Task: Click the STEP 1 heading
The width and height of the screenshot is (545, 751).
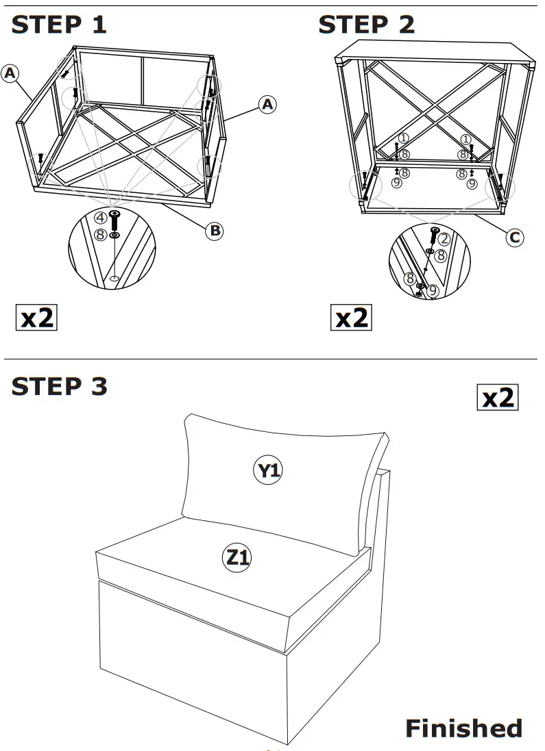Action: click(59, 25)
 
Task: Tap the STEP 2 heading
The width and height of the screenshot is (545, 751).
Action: click(366, 25)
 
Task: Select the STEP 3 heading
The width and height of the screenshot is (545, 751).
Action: click(60, 386)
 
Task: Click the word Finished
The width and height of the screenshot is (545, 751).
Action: click(463, 728)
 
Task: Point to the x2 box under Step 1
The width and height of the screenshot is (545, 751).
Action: click(36, 318)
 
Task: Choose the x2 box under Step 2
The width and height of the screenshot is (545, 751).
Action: click(352, 318)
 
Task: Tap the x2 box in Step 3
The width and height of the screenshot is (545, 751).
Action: click(497, 398)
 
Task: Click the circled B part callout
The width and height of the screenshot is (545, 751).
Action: click(215, 231)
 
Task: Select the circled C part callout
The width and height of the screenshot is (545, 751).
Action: click(514, 238)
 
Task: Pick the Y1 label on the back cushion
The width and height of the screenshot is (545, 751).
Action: click(269, 470)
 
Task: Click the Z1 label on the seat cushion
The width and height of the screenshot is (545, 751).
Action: click(237, 558)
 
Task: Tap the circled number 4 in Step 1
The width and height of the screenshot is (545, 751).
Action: click(100, 218)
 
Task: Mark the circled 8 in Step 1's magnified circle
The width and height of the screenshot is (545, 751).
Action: click(100, 235)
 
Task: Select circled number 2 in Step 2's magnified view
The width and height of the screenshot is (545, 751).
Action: click(444, 239)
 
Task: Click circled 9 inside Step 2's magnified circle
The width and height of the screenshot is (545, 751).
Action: click(432, 290)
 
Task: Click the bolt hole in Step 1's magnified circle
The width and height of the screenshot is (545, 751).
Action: click(114, 279)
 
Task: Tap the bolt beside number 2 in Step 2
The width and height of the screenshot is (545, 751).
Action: click(433, 236)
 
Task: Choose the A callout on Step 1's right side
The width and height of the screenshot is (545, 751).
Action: click(267, 104)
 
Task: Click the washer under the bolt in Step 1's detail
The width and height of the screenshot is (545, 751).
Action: click(114, 236)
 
